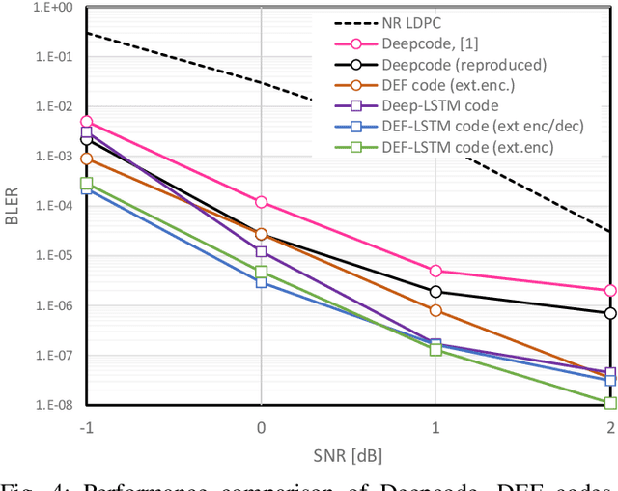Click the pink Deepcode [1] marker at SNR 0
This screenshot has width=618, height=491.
tap(261, 202)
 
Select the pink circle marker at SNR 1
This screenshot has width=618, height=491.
tap(435, 272)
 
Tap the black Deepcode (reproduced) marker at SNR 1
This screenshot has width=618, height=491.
tap(435, 291)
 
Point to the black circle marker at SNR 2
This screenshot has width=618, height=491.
tap(610, 313)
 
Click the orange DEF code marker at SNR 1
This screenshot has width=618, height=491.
tap(435, 310)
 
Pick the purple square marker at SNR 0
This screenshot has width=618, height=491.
tap(261, 251)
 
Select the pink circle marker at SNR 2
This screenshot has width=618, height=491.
tap(610, 290)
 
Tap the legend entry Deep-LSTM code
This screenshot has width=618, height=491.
tap(440, 105)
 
